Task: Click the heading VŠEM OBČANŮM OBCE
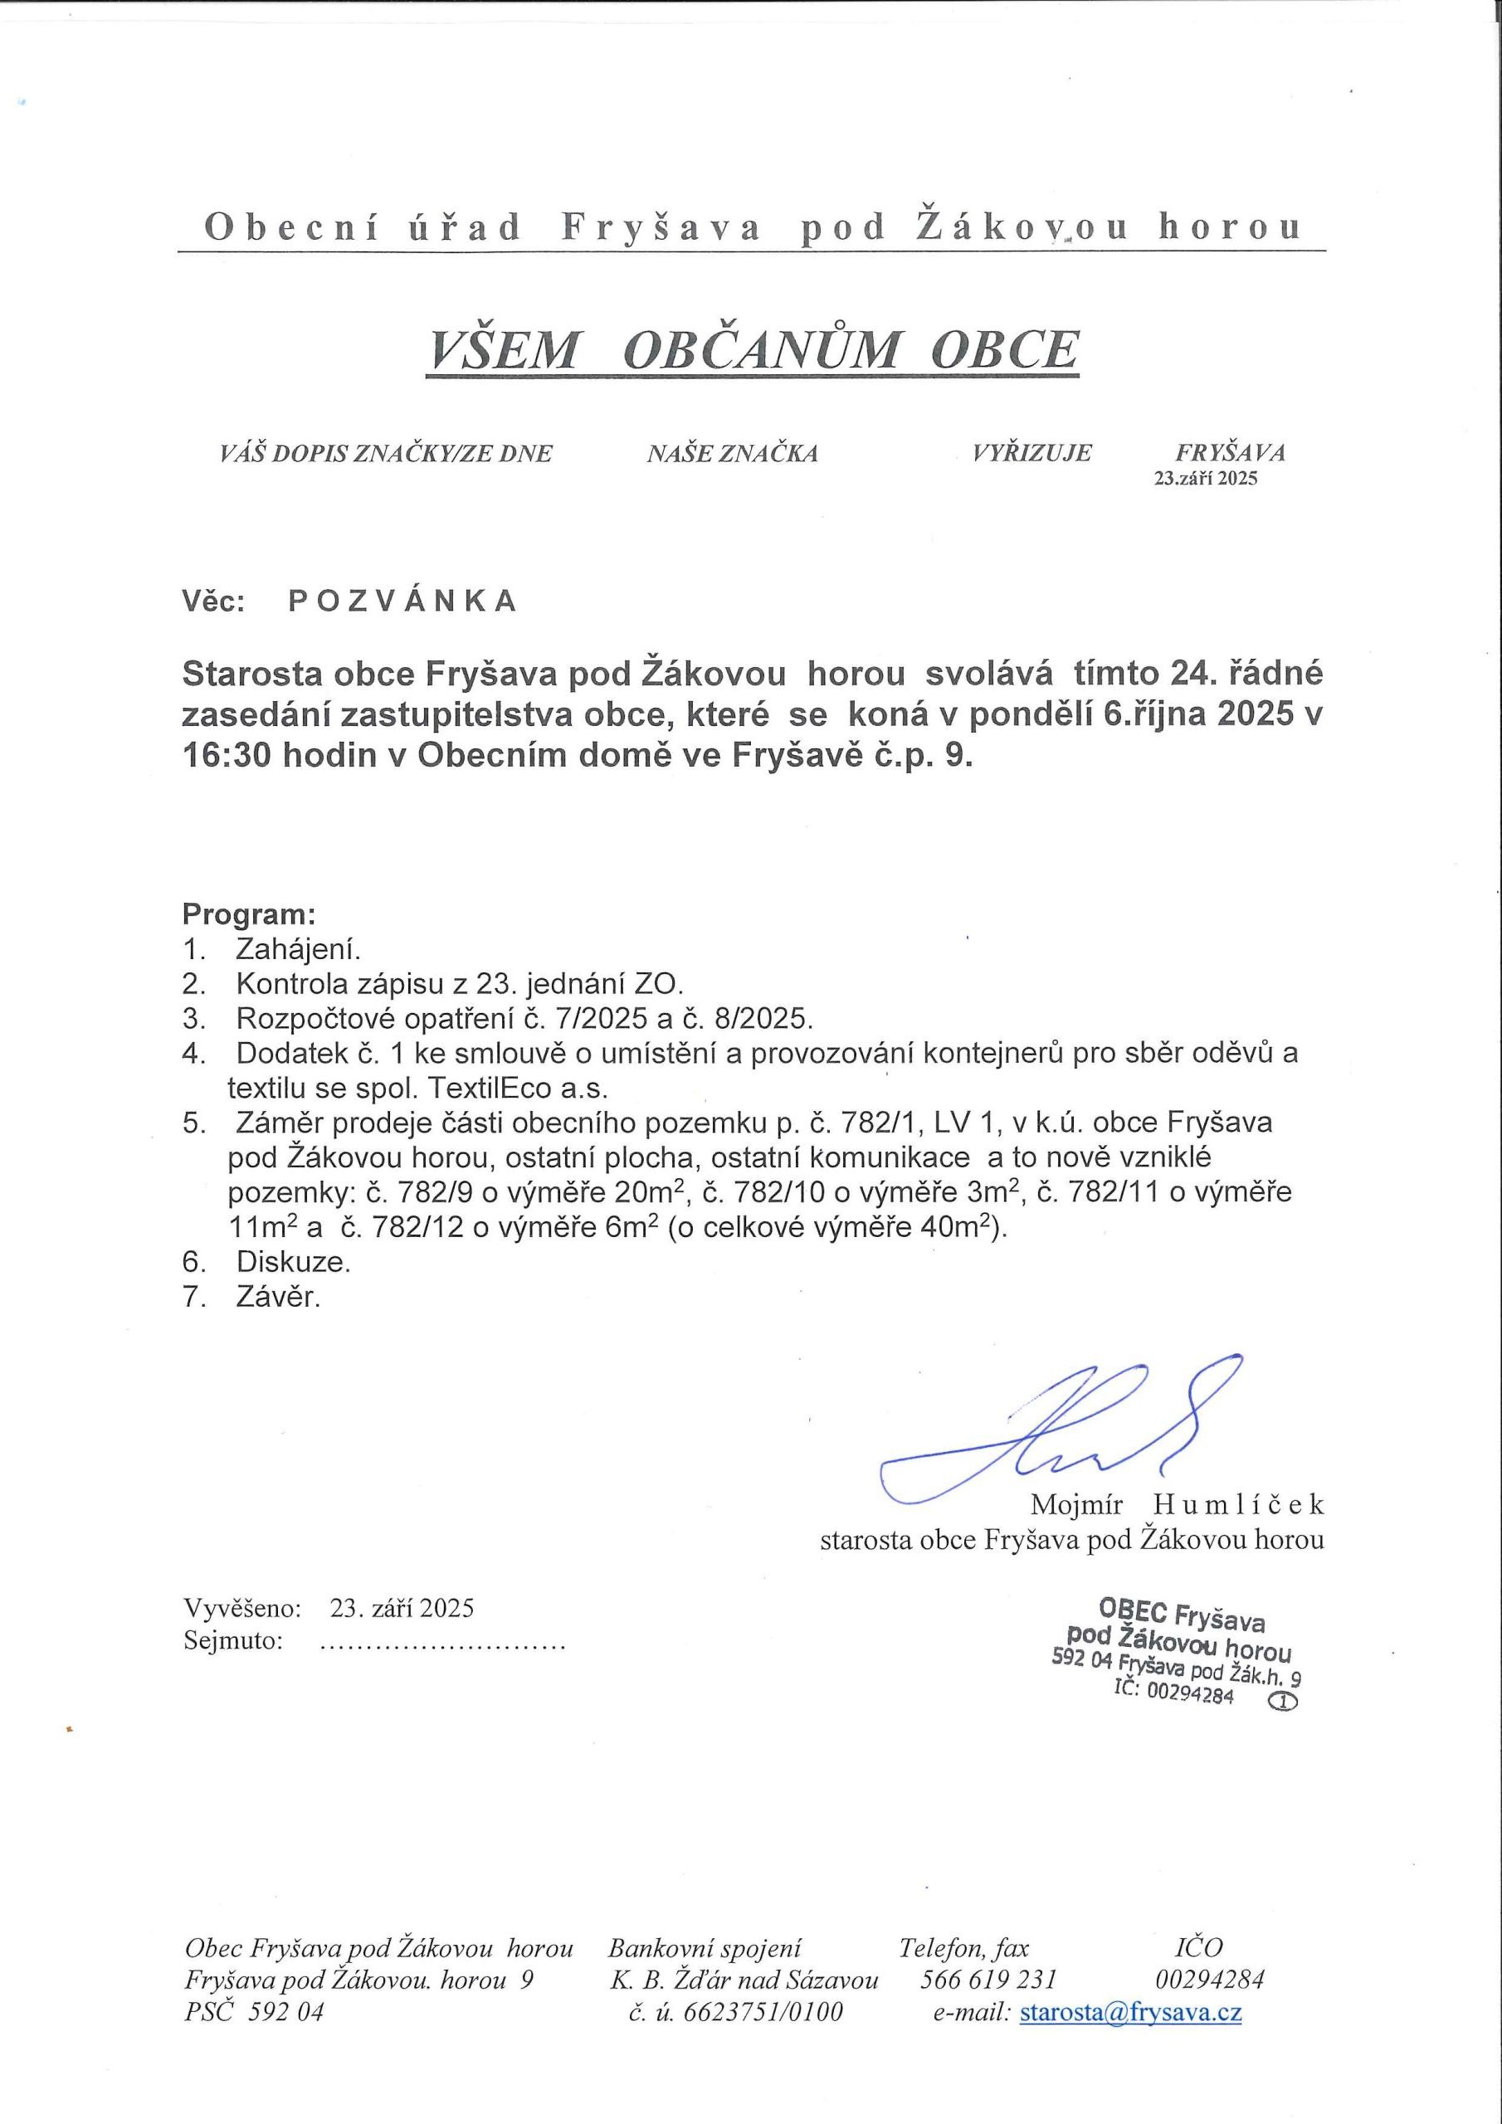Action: click(752, 349)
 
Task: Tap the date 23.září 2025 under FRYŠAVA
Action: click(1205, 480)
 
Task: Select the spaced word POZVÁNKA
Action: click(402, 602)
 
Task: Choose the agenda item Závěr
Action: click(279, 1297)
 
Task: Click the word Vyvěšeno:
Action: click(242, 1608)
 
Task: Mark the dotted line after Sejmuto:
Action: click(441, 1643)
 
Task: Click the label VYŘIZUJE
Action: click(1031, 453)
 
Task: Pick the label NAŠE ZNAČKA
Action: click(732, 453)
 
